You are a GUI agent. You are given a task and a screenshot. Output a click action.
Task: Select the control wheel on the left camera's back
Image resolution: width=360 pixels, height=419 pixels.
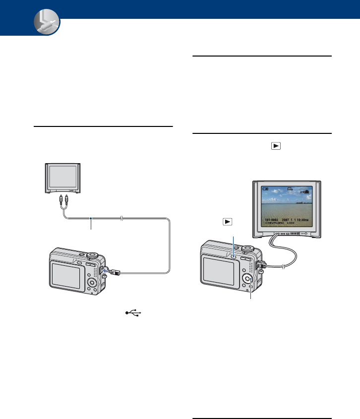92,282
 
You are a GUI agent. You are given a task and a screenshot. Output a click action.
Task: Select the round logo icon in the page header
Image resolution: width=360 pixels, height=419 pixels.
46,24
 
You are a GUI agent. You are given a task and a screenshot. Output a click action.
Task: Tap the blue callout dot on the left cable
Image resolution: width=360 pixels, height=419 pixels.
91,218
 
